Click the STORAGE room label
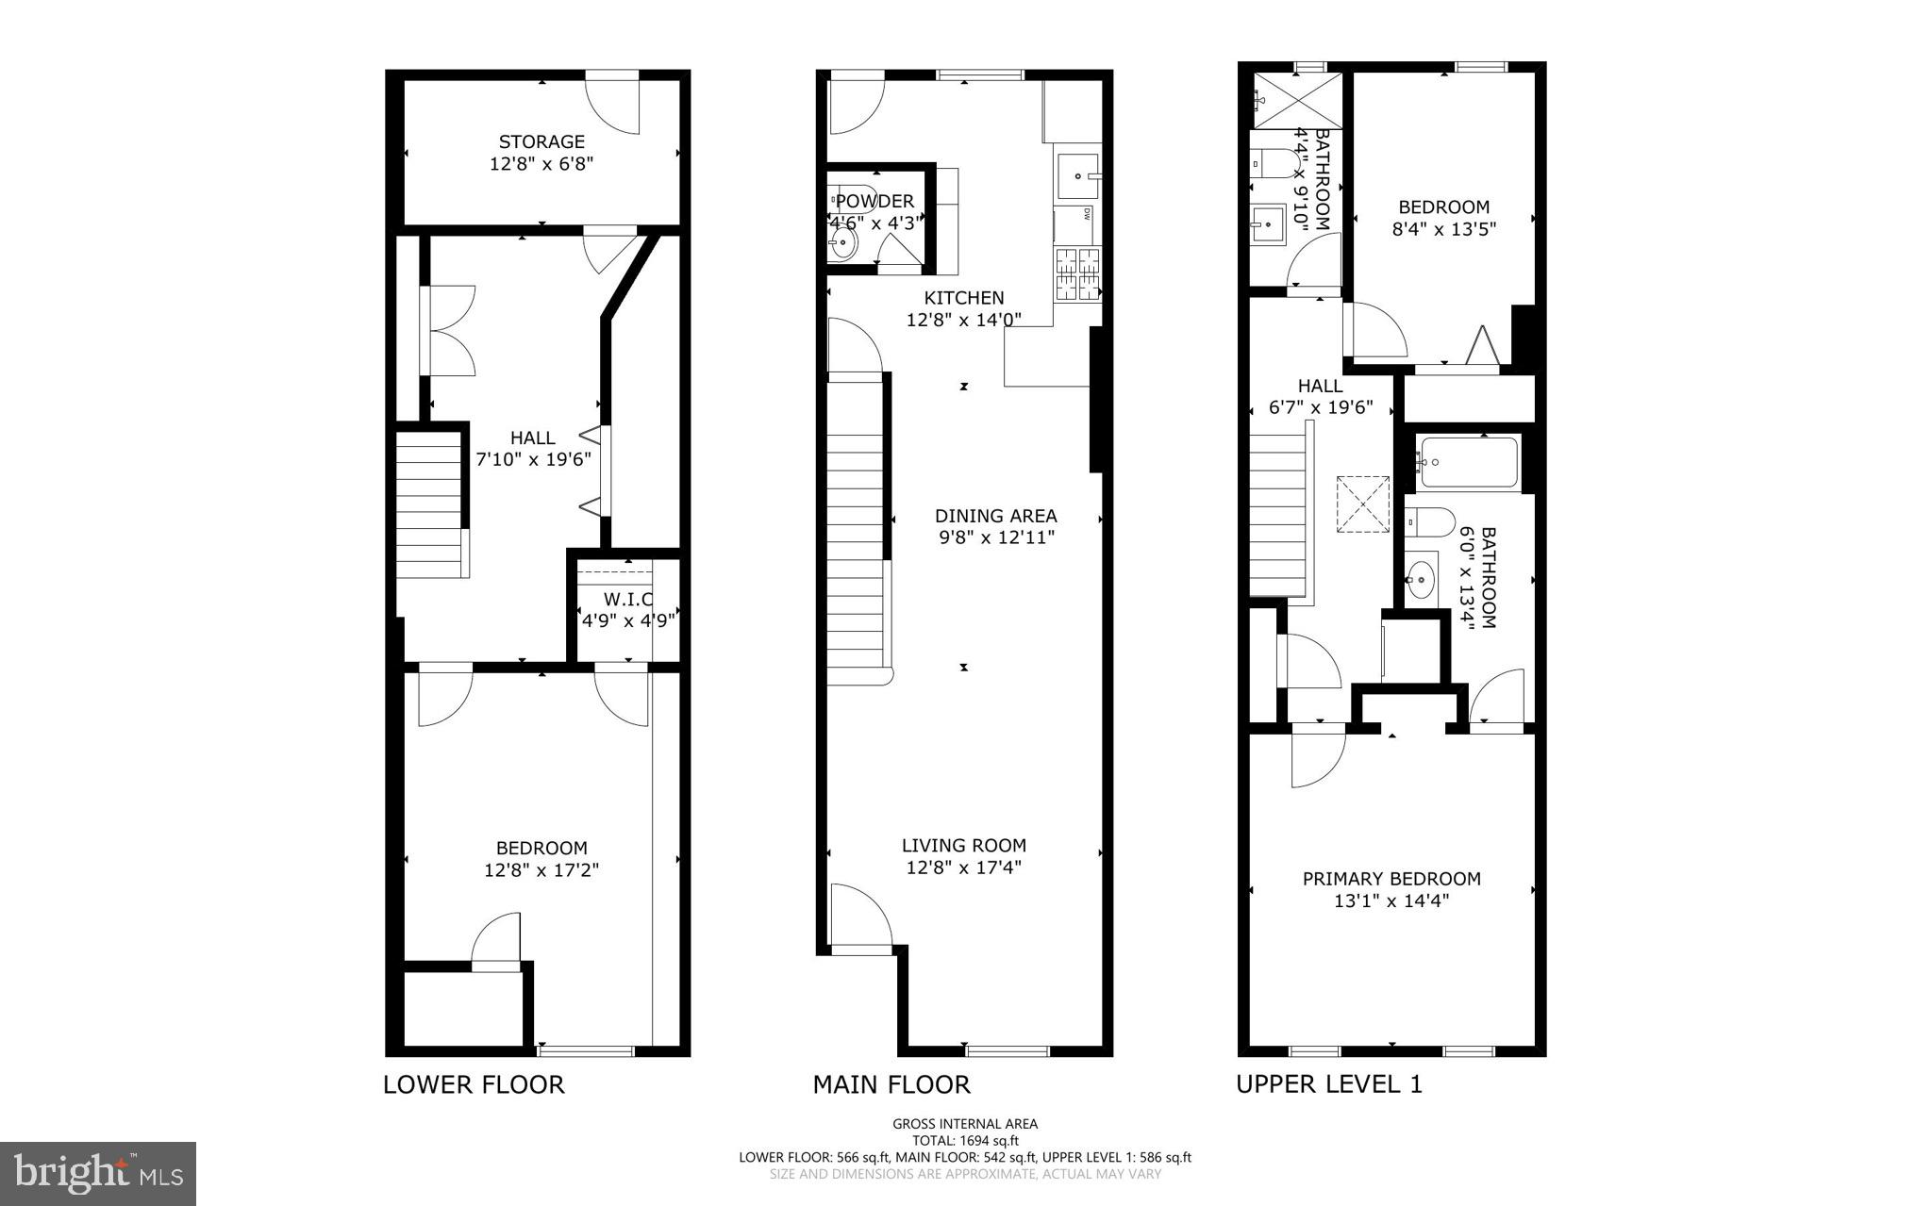point(541,142)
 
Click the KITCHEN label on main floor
point(963,298)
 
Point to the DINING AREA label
point(995,516)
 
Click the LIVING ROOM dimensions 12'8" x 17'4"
point(963,867)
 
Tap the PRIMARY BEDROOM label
point(1391,879)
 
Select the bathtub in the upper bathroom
point(1469,462)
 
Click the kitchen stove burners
point(1076,273)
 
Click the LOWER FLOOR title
point(474,1084)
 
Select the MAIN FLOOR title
point(891,1084)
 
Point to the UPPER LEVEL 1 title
point(1328,1084)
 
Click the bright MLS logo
point(98,1173)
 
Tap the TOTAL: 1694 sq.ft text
point(964,1140)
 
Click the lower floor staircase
point(431,504)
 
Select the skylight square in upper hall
point(1363,504)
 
